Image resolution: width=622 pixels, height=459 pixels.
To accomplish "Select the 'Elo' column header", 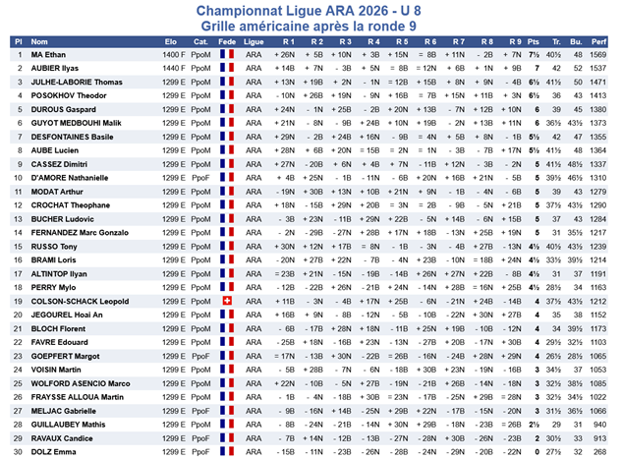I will pyautogui.click(x=171, y=42).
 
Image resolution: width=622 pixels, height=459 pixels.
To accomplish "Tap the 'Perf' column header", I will pyautogui.click(x=599, y=42).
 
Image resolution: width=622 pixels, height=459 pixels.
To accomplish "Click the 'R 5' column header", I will pyautogui.click(x=401, y=42).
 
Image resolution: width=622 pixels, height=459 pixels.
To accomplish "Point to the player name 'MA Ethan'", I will pyautogui.click(x=49, y=56).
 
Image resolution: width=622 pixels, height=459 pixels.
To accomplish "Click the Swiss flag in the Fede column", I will pyautogui.click(x=228, y=301).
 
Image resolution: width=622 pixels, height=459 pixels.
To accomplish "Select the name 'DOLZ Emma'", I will pyautogui.click(x=53, y=450).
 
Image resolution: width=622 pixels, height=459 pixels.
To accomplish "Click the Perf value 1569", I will pyautogui.click(x=599, y=56).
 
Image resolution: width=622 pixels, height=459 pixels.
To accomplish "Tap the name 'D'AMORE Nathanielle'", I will pyautogui.click(x=68, y=178).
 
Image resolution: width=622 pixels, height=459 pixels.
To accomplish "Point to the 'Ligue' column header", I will pyautogui.click(x=254, y=42).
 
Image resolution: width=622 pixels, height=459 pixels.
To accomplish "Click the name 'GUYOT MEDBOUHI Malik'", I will pyautogui.click(x=73, y=124).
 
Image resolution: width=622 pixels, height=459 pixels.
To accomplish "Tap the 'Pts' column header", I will pyautogui.click(x=534, y=42).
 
